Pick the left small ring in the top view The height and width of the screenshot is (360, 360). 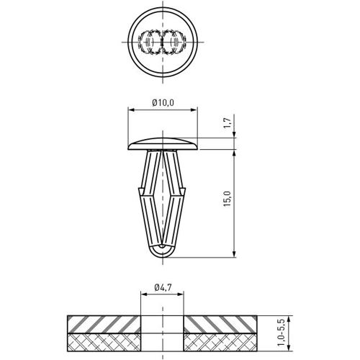point(153,43)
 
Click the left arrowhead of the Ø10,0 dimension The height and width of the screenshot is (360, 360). point(131,110)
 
